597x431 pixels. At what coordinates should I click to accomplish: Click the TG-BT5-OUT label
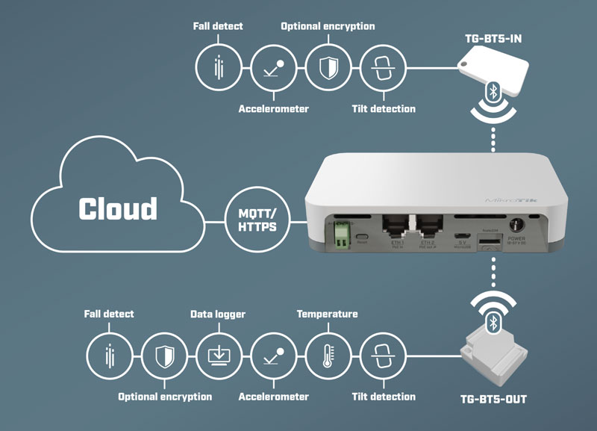pos(493,400)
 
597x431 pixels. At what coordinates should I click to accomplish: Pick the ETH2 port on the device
pos(428,226)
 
